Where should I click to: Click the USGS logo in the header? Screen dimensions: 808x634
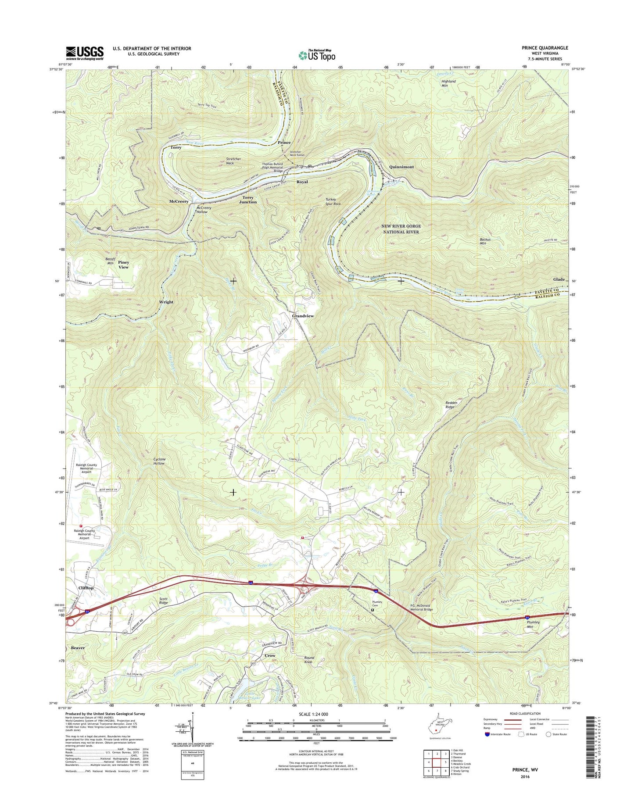coord(85,53)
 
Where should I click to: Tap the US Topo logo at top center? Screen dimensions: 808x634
coord(317,55)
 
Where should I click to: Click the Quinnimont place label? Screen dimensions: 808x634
coord(401,167)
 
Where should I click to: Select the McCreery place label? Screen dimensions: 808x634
coord(179,201)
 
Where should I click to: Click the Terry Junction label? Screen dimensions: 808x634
coord(248,200)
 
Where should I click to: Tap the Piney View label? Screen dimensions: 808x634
coord(123,265)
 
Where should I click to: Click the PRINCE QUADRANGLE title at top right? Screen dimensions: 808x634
coord(543,48)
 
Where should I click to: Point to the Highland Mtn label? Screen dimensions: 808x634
coord(448,83)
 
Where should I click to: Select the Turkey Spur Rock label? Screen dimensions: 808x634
coord(333,202)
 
